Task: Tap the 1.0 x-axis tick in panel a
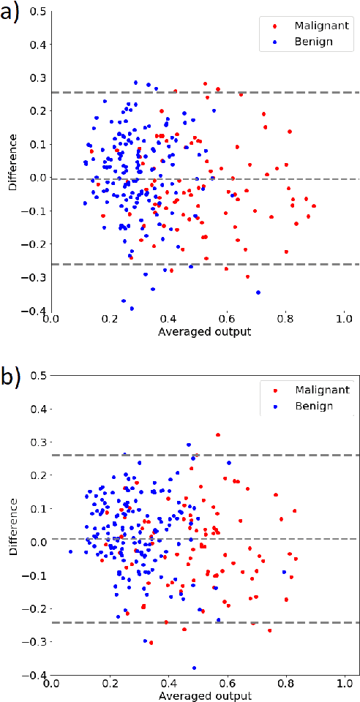pyautogui.click(x=345, y=320)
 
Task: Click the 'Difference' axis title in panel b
pyautogui.click(x=12, y=525)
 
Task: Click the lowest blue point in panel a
pyautogui.click(x=132, y=309)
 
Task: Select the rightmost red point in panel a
pyautogui.click(x=314, y=206)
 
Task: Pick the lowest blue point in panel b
pyautogui.click(x=194, y=668)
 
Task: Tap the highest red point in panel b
pyautogui.click(x=218, y=435)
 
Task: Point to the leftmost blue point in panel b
pyautogui.click(x=70, y=551)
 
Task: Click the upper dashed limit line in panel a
pyautogui.click(x=198, y=92)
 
